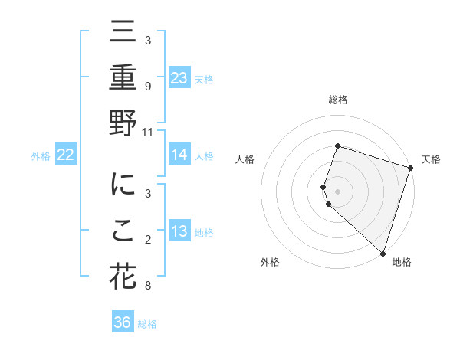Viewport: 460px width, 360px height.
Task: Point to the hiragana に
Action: tap(123, 185)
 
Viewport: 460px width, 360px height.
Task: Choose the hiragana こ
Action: tap(123, 232)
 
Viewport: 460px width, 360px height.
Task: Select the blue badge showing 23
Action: tap(179, 77)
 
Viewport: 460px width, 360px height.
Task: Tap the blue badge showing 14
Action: tap(179, 155)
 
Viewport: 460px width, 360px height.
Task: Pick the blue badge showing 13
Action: tap(179, 231)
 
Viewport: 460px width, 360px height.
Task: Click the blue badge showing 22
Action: tap(66, 155)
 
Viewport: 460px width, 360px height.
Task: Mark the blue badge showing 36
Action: tap(123, 322)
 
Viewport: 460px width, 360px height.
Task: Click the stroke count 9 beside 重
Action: tap(148, 86)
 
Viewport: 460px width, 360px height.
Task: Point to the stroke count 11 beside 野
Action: tap(148, 132)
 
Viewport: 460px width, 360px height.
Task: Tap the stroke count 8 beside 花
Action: tap(148, 286)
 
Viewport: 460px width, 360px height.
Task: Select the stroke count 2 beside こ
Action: tap(148, 241)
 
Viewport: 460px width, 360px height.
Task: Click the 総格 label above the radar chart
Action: tap(337, 100)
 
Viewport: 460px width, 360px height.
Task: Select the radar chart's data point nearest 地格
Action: tap(383, 253)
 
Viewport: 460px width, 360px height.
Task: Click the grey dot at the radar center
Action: tap(337, 191)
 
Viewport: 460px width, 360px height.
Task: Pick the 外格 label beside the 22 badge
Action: tap(41, 156)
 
